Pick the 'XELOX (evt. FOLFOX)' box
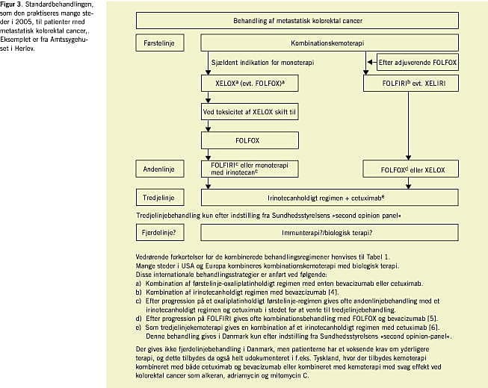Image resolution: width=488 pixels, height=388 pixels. pos(237,84)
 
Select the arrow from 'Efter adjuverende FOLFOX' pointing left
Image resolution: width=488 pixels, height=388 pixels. pos(371,63)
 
